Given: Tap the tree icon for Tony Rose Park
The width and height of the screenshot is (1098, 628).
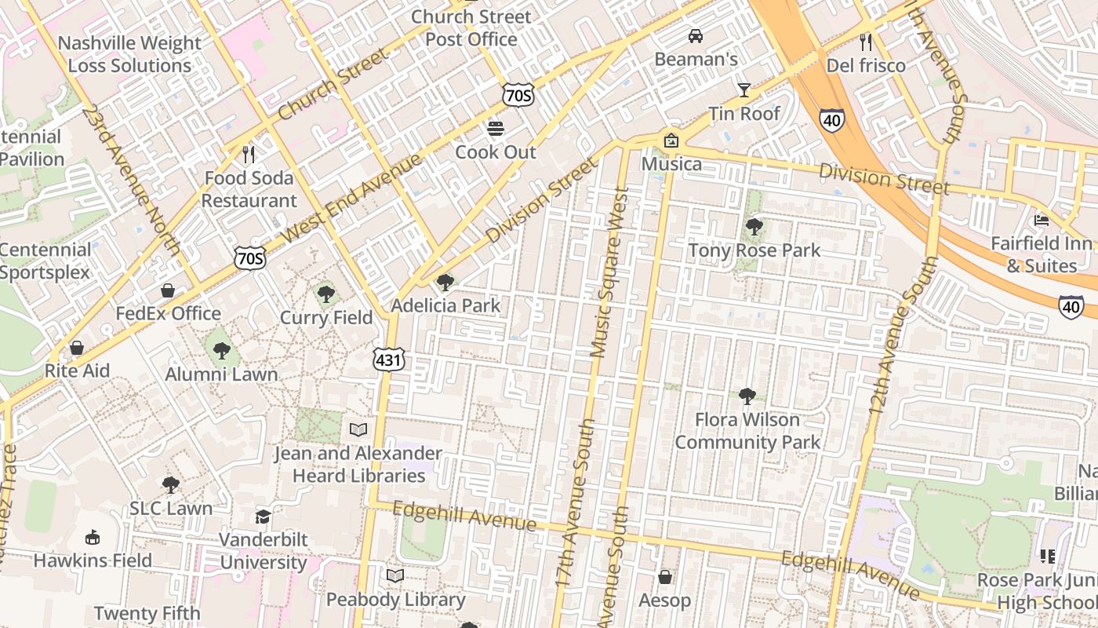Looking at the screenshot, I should (x=754, y=227).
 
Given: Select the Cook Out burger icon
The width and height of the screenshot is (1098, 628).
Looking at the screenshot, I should (x=496, y=128).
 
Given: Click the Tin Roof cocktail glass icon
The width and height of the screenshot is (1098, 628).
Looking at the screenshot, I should (x=744, y=89).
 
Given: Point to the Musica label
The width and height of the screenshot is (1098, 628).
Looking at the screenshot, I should (x=671, y=164).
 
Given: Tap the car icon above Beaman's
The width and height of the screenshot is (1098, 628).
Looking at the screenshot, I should (x=695, y=35).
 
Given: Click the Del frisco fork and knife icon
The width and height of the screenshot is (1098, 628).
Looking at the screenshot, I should (x=866, y=42).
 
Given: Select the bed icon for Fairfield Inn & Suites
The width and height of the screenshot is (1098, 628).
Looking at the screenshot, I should (x=1042, y=220).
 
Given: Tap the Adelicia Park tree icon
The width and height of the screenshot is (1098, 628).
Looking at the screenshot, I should (x=445, y=282).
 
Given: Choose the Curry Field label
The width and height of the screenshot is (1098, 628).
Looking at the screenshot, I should (x=326, y=318).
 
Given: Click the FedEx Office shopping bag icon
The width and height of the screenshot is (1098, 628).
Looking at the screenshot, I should (x=168, y=290).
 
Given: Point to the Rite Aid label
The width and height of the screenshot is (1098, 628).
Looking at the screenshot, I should (x=77, y=371).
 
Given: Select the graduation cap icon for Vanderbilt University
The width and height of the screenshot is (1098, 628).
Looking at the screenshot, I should (x=263, y=517).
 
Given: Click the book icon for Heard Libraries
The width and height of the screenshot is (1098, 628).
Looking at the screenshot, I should (x=358, y=429).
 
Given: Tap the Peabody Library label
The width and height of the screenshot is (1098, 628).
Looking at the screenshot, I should (x=396, y=600).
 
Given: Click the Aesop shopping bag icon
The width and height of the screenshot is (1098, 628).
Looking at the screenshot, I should (x=665, y=577).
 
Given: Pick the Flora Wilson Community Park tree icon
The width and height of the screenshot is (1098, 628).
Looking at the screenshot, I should (x=747, y=396).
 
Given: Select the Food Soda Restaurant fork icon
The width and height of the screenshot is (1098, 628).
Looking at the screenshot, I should (x=249, y=154).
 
